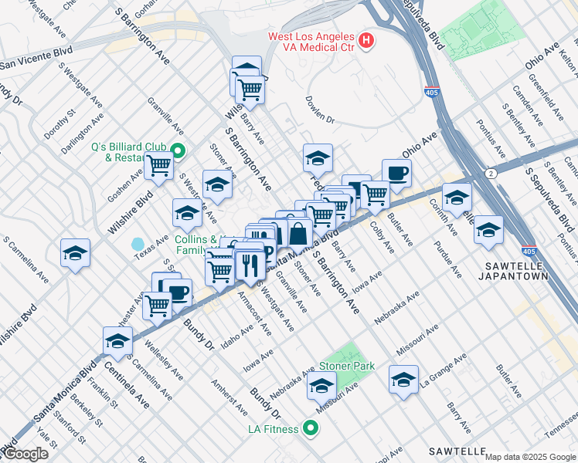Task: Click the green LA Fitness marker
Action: [310, 428]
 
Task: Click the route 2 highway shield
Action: [488, 174]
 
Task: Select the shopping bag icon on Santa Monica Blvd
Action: [298, 232]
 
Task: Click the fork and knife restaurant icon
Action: [250, 266]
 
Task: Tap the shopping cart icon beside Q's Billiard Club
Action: [159, 164]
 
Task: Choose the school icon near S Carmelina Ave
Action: [75, 252]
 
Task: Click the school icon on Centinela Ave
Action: [117, 340]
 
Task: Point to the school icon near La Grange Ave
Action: [403, 379]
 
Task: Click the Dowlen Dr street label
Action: [318, 120]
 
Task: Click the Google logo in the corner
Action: [25, 454]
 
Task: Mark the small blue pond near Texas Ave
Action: [138, 244]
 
